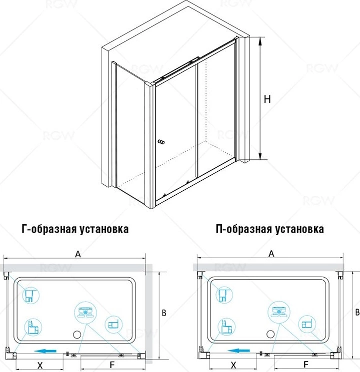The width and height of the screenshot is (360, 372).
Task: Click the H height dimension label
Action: point(267,99)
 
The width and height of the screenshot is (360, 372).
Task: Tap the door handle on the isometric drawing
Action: point(161,142)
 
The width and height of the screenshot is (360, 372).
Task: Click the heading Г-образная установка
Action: point(75,229)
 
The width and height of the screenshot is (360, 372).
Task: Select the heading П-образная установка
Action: point(269,229)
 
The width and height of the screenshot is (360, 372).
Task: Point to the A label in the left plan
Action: point(78,254)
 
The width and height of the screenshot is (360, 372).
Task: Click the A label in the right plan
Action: point(271,254)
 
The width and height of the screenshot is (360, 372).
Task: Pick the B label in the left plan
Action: point(164,313)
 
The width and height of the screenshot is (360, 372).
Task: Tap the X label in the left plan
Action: point(40,365)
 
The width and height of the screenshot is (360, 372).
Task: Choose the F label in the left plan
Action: point(112,365)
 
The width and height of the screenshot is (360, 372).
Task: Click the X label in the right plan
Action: point(234,365)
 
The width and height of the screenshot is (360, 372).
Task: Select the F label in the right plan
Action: point(306,364)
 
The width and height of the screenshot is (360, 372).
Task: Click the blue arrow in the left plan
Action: point(45,351)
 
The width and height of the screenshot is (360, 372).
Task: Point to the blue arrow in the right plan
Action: point(238,351)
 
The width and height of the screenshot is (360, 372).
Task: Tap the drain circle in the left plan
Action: point(77,335)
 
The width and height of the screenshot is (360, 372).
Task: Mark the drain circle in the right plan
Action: point(270,334)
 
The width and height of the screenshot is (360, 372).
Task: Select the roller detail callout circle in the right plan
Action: point(279,311)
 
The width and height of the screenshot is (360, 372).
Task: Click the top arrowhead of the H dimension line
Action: point(260,41)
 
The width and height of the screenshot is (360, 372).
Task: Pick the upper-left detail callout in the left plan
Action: point(31,295)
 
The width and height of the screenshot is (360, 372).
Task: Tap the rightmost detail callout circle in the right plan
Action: point(307,324)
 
